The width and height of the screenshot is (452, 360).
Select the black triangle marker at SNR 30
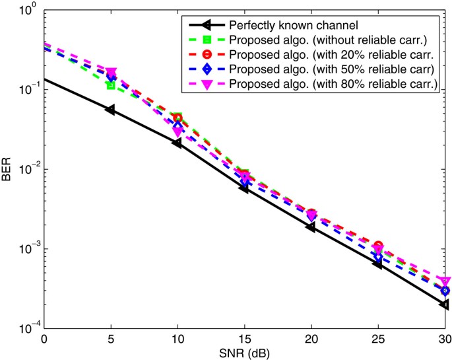[x=445, y=305]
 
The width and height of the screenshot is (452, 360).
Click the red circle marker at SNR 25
[x=378, y=246]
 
